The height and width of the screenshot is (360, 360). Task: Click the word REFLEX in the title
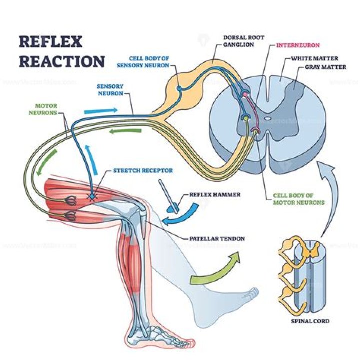pos(50,43)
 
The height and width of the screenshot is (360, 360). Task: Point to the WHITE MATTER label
pos(311,58)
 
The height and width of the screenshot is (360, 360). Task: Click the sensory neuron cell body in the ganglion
pos(179,89)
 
